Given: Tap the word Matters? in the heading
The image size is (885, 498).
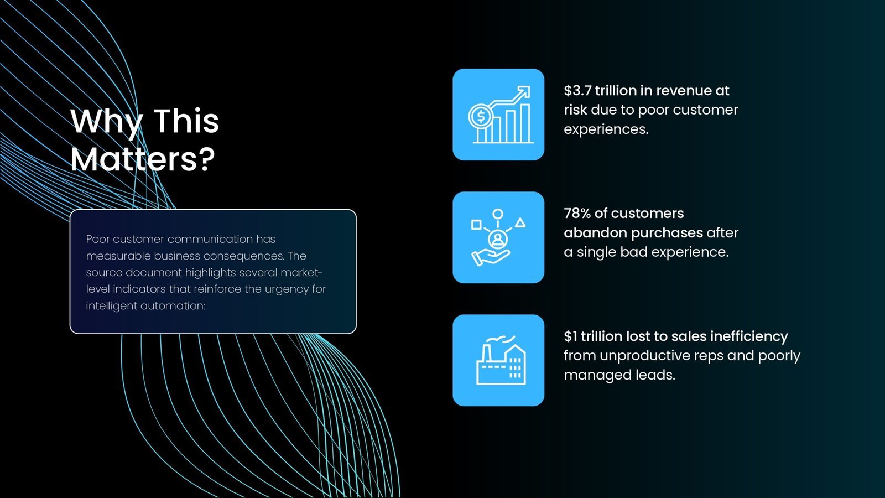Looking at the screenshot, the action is point(143,159).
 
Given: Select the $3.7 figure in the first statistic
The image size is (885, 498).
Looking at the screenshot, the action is point(577,91).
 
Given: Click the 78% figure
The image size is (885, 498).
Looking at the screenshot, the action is point(577,214).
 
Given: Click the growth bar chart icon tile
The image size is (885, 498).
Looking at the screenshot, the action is point(498,115).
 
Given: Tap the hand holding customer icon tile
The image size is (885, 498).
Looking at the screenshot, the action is point(498,237).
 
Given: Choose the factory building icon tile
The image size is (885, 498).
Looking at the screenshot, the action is point(498,360).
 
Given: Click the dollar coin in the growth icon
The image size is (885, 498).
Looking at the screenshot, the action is point(481,117).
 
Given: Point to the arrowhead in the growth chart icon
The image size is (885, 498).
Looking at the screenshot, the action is point(525,91).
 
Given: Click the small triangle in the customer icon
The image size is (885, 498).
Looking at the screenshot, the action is point(520,222).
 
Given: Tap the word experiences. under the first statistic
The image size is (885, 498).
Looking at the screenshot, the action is point(606,129).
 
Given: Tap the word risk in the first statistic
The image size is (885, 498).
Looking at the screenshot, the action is point(575,110).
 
